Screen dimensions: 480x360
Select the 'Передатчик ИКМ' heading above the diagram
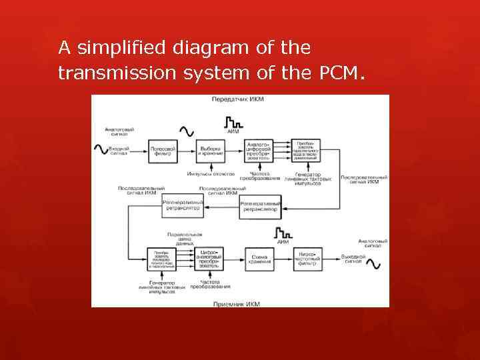pyautogui.click(x=238, y=100)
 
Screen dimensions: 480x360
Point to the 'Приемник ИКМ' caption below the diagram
pyautogui.click(x=237, y=303)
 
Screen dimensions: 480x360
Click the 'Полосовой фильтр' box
pyautogui.click(x=163, y=151)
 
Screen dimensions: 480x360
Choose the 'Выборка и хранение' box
pyautogui.click(x=211, y=151)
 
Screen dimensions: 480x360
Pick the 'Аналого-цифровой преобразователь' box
pyautogui.click(x=259, y=151)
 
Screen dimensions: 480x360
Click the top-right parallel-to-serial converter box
pyautogui.click(x=307, y=151)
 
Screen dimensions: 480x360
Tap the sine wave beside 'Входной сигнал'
pyautogui.click(x=103, y=150)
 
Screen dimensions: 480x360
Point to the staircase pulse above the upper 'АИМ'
pyautogui.click(x=233, y=122)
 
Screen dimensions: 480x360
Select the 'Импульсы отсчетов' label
pyautogui.click(x=211, y=174)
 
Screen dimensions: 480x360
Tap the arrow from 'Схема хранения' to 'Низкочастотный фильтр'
pyautogui.click(x=283, y=259)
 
